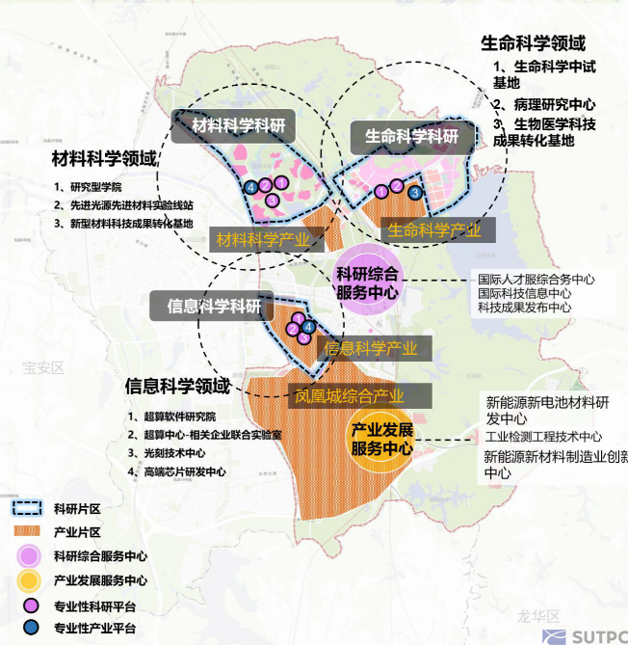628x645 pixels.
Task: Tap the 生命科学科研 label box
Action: click(x=410, y=137)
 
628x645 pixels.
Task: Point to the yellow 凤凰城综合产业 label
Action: click(x=349, y=395)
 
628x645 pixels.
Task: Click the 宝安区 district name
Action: click(x=42, y=368)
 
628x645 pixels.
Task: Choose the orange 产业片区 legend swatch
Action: click(x=28, y=532)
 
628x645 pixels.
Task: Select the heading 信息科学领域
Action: click(x=177, y=387)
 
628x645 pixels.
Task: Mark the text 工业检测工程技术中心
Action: click(x=544, y=437)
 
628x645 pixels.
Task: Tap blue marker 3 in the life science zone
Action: click(x=414, y=193)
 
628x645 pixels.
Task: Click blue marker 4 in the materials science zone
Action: click(x=249, y=186)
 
